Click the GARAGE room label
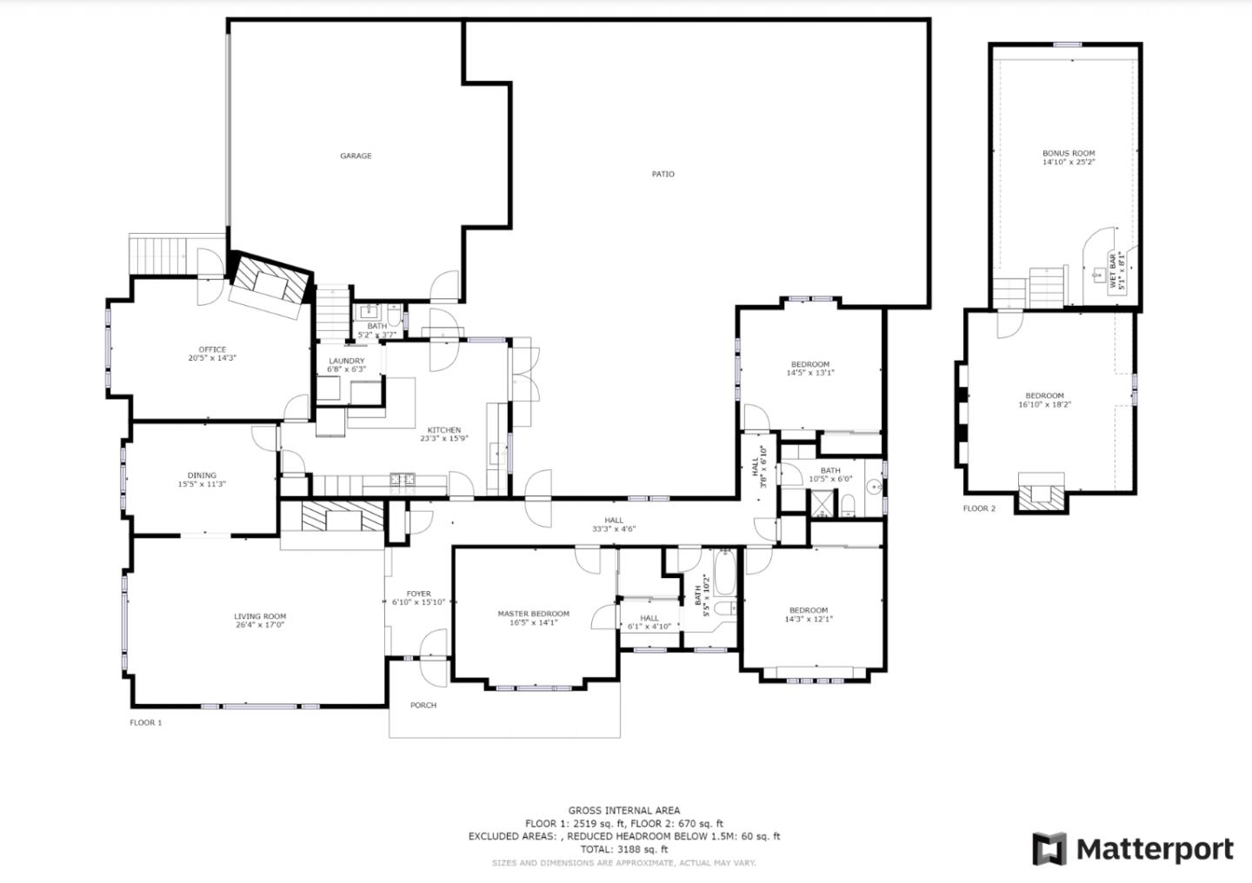tap(356, 156)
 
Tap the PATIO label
tap(663, 175)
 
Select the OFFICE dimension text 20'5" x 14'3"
tap(212, 358)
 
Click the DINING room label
tap(202, 475)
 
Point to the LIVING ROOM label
tap(260, 616)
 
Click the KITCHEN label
tap(443, 430)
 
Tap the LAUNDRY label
tap(346, 361)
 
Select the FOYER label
tap(418, 594)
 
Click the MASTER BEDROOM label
tap(533, 614)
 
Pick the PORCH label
tap(423, 706)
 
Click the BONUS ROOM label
tap(1069, 153)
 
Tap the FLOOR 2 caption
tap(979, 508)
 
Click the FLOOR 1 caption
tap(146, 722)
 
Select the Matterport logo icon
tap(1049, 849)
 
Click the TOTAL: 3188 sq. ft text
tap(624, 849)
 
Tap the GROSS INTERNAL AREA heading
tap(624, 811)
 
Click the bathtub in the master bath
tap(724, 573)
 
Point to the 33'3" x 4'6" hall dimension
tap(614, 529)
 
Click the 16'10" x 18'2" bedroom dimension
tap(1044, 404)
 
